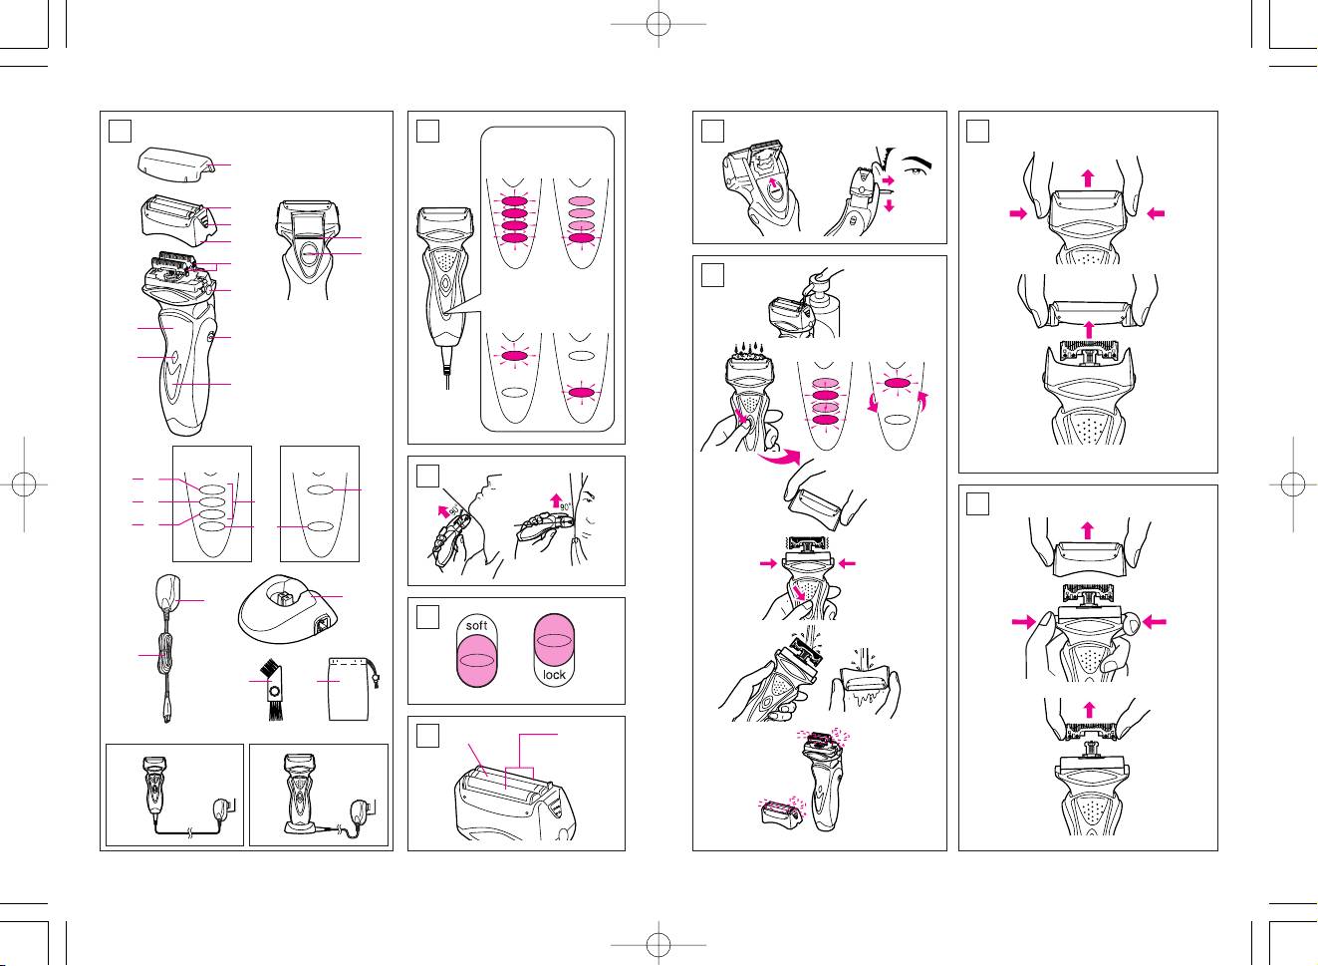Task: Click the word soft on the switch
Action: point(477,626)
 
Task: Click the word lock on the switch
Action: point(554,675)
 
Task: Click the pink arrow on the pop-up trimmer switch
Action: point(773,183)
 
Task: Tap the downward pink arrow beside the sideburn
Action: point(889,205)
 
